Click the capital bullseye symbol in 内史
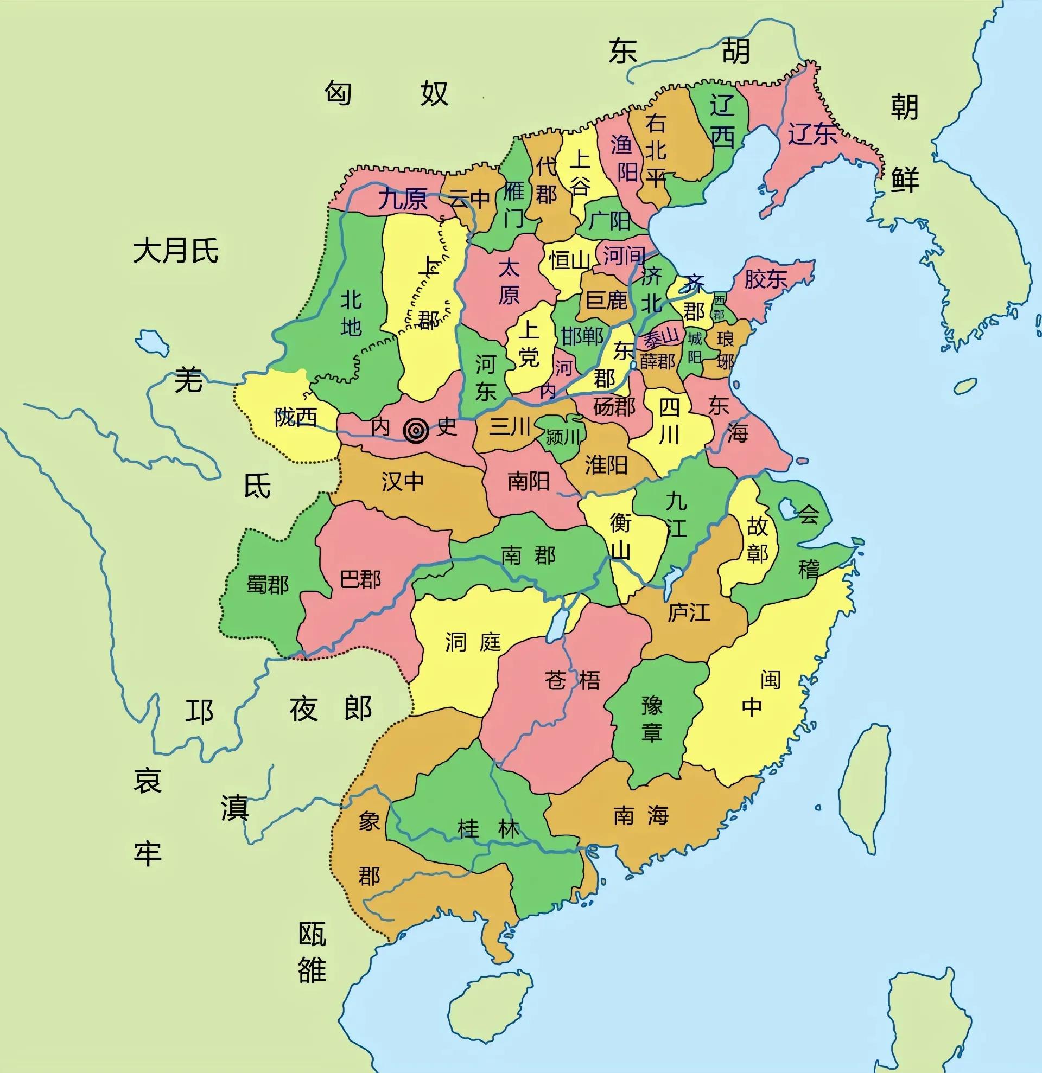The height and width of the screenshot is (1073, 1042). pyautogui.click(x=416, y=430)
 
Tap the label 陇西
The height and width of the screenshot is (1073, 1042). pyautogui.click(x=296, y=418)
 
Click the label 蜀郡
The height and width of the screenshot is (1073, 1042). pyautogui.click(x=267, y=585)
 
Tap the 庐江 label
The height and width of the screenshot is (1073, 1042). pyautogui.click(x=688, y=612)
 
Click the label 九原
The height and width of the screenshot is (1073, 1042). pyautogui.click(x=403, y=199)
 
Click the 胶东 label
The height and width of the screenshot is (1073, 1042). pyautogui.click(x=765, y=279)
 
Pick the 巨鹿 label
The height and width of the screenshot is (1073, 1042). pyautogui.click(x=606, y=300)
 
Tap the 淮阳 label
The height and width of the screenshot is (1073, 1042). pyautogui.click(x=606, y=465)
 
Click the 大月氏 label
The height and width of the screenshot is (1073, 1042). pyautogui.click(x=176, y=251)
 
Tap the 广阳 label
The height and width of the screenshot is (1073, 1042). pyautogui.click(x=609, y=221)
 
